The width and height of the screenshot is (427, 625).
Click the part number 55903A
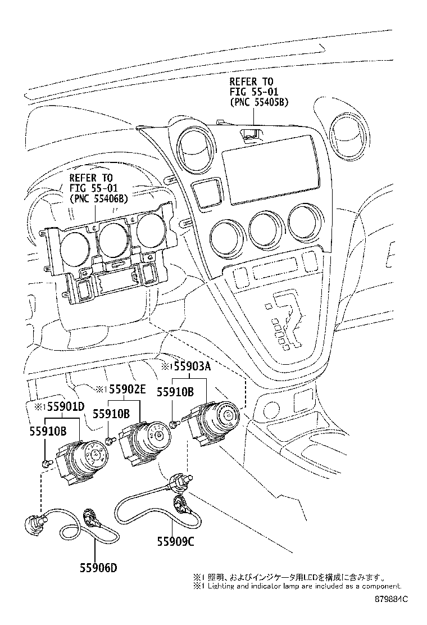187,367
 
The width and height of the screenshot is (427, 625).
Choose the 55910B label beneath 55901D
48,431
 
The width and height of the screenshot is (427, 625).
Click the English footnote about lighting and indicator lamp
297,586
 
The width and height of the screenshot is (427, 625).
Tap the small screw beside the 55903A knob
175,423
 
